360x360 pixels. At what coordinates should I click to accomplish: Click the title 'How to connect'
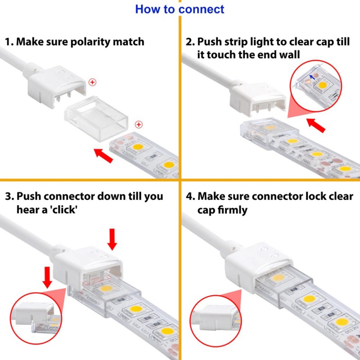coord(180,9)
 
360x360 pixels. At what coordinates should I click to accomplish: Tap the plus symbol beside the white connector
coord(93,82)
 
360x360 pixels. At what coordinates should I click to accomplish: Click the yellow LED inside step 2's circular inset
coord(322,85)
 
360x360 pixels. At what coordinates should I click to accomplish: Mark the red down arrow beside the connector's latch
coord(47,277)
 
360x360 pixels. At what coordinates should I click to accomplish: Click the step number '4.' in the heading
coord(190,197)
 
